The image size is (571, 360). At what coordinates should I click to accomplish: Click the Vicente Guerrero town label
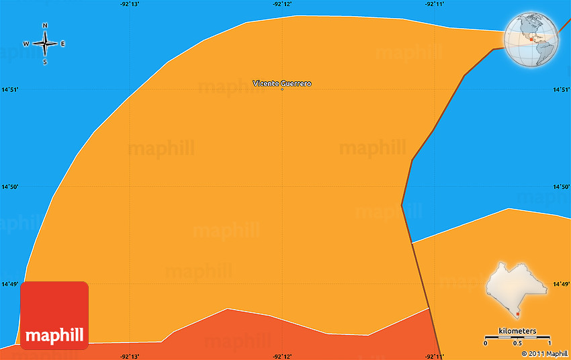click(282, 83)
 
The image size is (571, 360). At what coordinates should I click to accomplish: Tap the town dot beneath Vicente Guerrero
click(282, 89)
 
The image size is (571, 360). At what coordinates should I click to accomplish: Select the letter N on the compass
click(45, 26)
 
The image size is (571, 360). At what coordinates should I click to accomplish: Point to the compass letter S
click(45, 62)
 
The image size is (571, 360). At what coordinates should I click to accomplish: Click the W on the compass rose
click(26, 44)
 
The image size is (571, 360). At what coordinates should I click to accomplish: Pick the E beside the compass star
click(63, 44)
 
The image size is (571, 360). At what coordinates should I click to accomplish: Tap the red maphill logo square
click(54, 315)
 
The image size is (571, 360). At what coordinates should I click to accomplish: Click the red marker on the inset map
click(519, 312)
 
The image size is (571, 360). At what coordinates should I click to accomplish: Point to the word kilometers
click(517, 331)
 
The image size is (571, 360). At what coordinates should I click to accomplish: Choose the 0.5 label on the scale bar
click(518, 343)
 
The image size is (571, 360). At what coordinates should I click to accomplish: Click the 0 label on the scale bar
click(486, 343)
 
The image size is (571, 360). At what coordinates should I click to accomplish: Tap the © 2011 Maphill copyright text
click(545, 353)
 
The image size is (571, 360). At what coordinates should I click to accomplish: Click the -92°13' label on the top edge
click(130, 4)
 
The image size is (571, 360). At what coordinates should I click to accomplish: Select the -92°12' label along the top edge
click(282, 4)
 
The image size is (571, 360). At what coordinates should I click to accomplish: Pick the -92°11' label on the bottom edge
click(435, 355)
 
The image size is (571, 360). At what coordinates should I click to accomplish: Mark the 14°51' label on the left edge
click(9, 89)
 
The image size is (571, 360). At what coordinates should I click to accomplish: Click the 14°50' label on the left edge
click(9, 187)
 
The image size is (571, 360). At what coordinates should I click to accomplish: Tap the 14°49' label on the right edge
click(562, 284)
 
